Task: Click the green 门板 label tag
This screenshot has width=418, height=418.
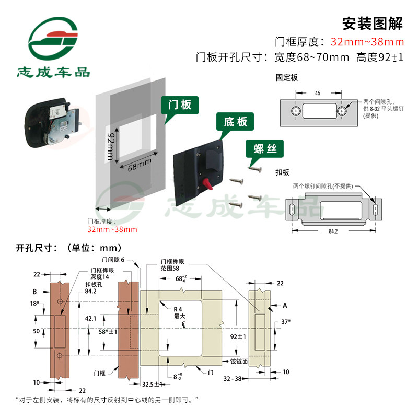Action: point(179,104)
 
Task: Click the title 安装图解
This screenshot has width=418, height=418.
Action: point(372,24)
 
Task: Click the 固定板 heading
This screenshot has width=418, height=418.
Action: point(287,77)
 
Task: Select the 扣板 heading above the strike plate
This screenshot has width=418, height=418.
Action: point(283,171)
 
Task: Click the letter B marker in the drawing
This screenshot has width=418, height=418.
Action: point(34,292)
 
